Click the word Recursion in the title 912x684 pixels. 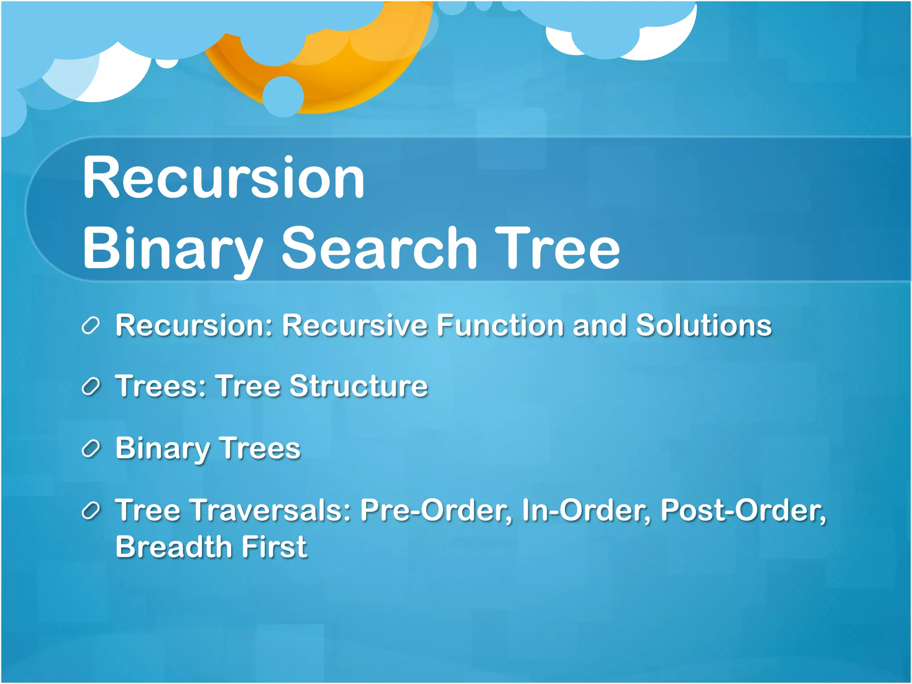tap(224, 178)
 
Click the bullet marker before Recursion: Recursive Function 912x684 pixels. tap(90, 326)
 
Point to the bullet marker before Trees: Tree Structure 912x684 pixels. tap(90, 387)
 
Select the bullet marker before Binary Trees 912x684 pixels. tap(90, 449)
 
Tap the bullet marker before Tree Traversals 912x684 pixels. tap(90, 511)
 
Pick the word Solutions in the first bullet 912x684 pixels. tap(704, 325)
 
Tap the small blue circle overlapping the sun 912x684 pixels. tap(283, 97)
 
